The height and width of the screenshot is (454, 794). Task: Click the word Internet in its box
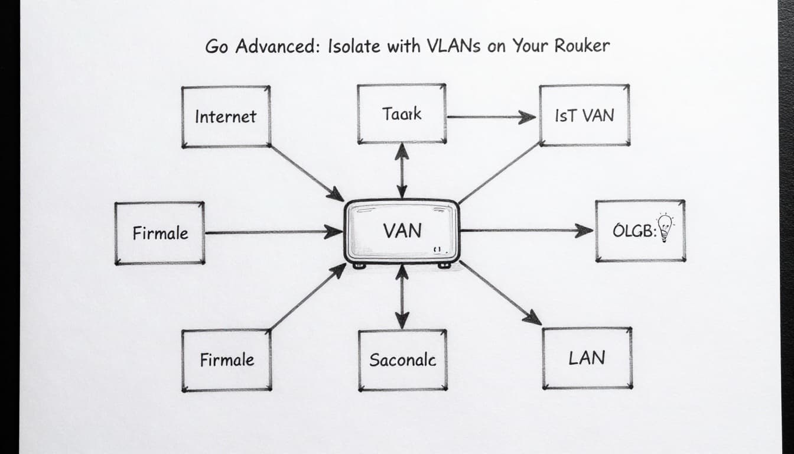tap(226, 116)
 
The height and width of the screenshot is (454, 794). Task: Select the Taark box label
tap(402, 113)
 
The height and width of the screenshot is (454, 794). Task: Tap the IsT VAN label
tap(584, 115)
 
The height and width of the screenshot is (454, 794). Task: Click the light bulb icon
tap(666, 228)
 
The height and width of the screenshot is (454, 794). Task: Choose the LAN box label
tap(587, 358)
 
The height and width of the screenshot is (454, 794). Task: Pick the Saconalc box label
tap(402, 359)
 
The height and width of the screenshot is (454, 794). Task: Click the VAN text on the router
tap(402, 231)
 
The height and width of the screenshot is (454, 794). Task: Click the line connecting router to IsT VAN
tap(499, 173)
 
